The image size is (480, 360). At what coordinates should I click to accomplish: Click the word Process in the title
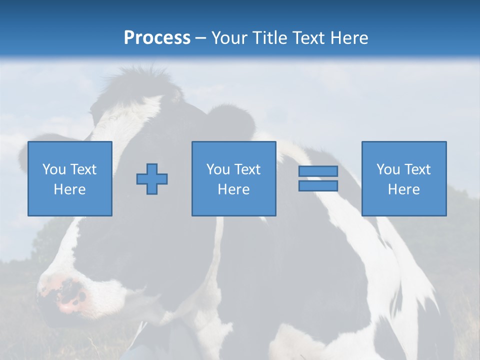(157, 38)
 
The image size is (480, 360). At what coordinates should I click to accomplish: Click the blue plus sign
(152, 179)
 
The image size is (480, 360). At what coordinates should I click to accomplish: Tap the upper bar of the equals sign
(318, 171)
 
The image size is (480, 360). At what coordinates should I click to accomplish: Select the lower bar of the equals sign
(318, 186)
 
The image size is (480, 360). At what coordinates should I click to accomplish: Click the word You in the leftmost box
(54, 169)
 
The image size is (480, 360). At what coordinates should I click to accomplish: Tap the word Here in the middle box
(233, 189)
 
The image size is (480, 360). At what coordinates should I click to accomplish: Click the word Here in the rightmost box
(404, 189)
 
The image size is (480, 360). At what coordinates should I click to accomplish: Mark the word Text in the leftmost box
(83, 169)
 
